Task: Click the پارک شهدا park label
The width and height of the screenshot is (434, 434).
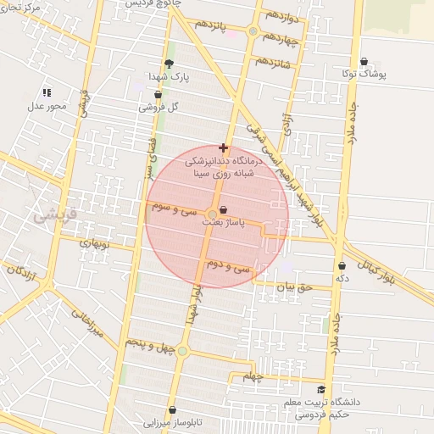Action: point(168,76)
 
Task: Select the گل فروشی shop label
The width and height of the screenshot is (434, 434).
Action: point(160,107)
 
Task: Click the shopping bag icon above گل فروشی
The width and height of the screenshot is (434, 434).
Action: point(146,95)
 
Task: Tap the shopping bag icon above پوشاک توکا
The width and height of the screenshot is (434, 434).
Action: point(364,62)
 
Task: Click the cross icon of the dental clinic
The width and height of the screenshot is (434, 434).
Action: point(223,147)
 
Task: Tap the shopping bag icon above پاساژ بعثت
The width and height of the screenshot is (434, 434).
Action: point(223,209)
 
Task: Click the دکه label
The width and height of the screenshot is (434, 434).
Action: point(342,278)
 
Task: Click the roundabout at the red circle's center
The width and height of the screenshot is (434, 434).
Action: point(211,214)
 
